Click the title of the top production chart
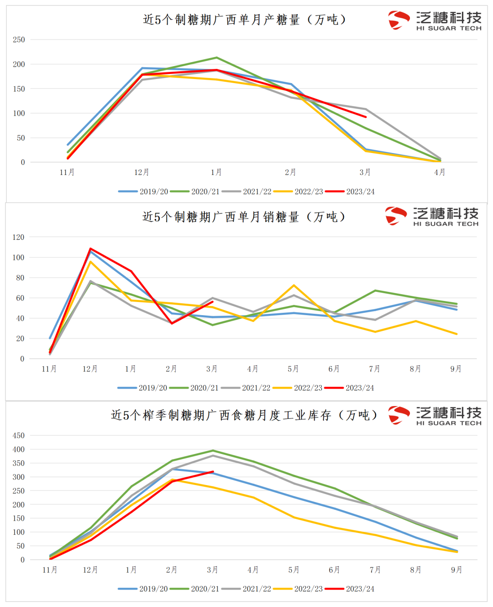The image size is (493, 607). (x=245, y=20)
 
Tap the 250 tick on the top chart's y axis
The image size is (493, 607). (x=19, y=40)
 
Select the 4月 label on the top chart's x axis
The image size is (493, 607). (x=440, y=172)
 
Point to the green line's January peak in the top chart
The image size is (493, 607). (x=216, y=58)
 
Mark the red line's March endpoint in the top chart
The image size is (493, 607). (x=365, y=117)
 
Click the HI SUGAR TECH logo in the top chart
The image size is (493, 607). (x=435, y=21)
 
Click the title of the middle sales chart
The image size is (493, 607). (x=244, y=216)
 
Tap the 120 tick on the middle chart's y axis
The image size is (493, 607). (x=19, y=237)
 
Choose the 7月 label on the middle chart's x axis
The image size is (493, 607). (x=375, y=369)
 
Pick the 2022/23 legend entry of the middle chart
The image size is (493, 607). (x=298, y=388)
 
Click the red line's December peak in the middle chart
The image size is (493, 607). (x=90, y=249)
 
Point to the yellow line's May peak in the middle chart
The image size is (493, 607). (x=294, y=285)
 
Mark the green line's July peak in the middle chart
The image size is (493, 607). (x=375, y=290)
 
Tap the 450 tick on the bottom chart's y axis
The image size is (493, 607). (x=19, y=435)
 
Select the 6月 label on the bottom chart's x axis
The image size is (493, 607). (x=334, y=570)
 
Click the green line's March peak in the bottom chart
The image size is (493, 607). (x=213, y=451)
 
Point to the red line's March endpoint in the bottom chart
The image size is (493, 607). (x=213, y=472)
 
